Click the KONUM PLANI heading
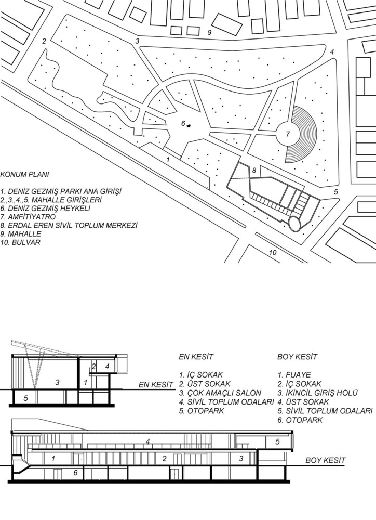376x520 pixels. (x=24, y=174)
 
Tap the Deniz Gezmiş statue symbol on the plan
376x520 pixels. (x=189, y=125)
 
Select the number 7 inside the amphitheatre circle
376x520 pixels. (x=288, y=134)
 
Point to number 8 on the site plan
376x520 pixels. (x=254, y=171)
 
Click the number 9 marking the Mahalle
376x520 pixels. (x=209, y=32)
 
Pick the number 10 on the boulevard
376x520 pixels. (x=273, y=252)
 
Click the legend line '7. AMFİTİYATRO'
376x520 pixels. (x=28, y=217)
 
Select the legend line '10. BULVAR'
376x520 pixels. (x=20, y=242)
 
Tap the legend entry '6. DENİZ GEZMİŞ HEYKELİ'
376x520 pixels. (x=45, y=209)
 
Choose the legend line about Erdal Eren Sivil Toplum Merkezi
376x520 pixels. (x=69, y=226)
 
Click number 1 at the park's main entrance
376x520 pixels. (x=168, y=160)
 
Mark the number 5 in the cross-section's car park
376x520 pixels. (x=25, y=398)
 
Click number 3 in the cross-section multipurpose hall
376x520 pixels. (x=57, y=382)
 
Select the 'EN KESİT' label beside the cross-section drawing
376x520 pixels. (x=156, y=385)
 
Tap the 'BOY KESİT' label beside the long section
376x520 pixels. (x=325, y=460)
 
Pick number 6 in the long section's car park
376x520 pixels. (x=75, y=472)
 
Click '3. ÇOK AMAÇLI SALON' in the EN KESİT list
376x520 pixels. (x=220, y=393)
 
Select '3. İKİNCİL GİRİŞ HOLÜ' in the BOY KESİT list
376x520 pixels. (x=318, y=393)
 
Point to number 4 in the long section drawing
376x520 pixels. (x=148, y=441)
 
